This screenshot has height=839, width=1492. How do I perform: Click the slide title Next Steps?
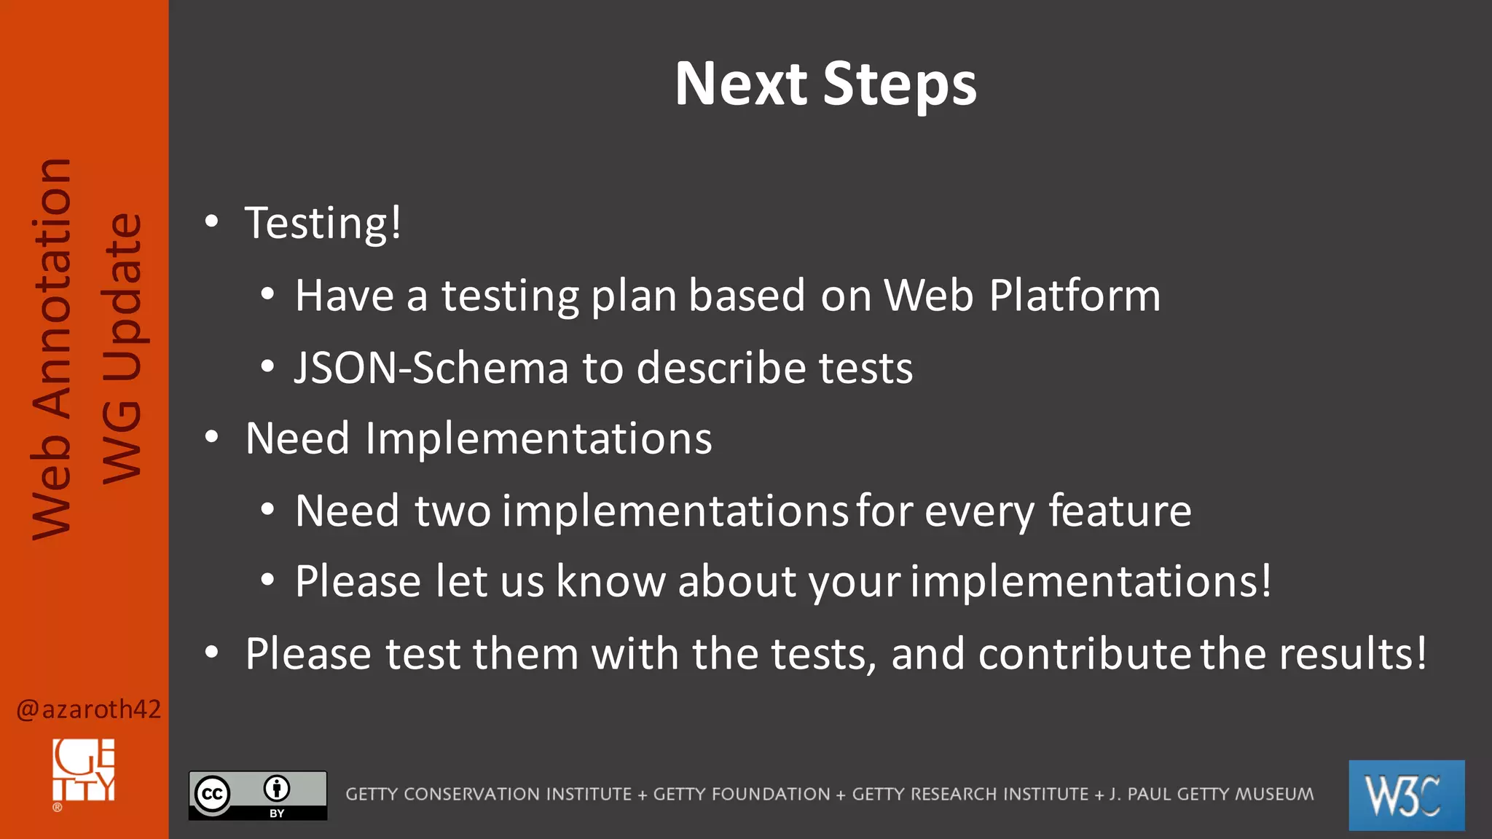click(825, 84)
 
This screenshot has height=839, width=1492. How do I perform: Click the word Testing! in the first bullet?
click(323, 223)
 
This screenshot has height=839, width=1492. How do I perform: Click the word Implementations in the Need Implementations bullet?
click(538, 438)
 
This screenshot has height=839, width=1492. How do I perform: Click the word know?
click(610, 581)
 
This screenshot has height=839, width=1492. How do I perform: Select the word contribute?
click(1084, 653)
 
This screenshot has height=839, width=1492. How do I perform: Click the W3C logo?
click(1406, 795)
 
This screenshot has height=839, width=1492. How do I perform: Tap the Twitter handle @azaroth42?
click(88, 709)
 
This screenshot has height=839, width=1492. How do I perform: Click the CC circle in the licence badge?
click(212, 795)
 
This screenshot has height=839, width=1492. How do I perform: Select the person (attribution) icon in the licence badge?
click(277, 788)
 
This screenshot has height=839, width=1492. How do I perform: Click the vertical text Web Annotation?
click(52, 350)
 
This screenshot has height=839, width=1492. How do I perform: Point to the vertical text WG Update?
click(121, 350)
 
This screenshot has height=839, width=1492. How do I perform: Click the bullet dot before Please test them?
click(211, 653)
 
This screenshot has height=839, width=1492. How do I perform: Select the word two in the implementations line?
click(452, 511)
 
